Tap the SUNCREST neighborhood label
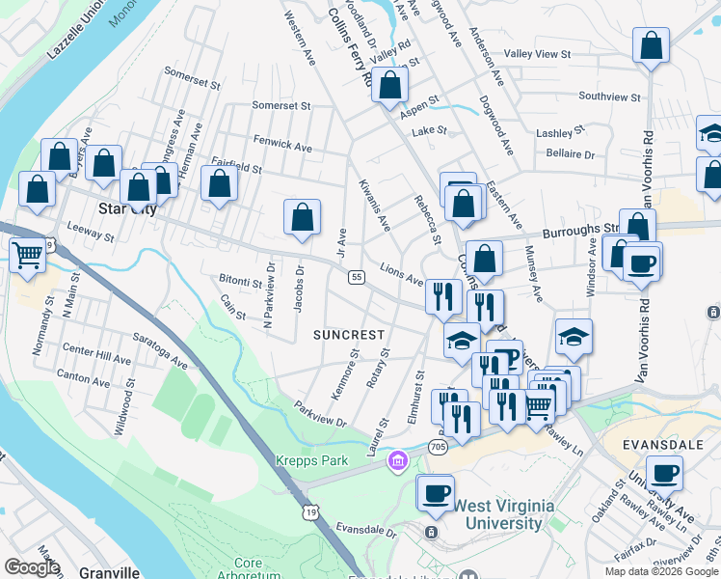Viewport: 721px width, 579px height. click(349, 335)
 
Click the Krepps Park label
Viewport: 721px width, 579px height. click(311, 460)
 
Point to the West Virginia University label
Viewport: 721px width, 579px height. click(497, 514)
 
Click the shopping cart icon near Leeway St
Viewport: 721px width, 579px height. click(28, 256)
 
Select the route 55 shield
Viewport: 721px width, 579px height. click(356, 277)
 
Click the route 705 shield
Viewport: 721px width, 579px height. click(439, 447)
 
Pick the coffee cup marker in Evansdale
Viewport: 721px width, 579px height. click(664, 474)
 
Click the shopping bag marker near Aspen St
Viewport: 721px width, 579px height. click(389, 86)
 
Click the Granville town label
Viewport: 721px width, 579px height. click(105, 571)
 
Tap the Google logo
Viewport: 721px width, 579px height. click(32, 567)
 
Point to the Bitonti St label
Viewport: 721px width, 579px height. click(240, 283)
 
